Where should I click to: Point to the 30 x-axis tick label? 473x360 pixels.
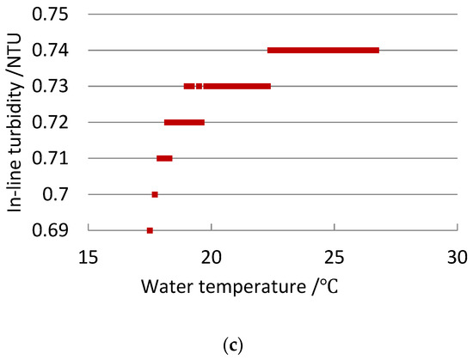click(x=457, y=255)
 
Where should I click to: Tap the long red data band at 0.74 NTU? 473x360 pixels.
click(x=323, y=51)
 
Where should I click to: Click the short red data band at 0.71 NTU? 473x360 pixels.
click(x=164, y=158)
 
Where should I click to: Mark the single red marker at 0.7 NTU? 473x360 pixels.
click(x=155, y=195)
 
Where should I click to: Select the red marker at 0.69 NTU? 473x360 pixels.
click(x=150, y=230)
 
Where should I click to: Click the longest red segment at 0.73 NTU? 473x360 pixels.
click(x=237, y=86)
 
